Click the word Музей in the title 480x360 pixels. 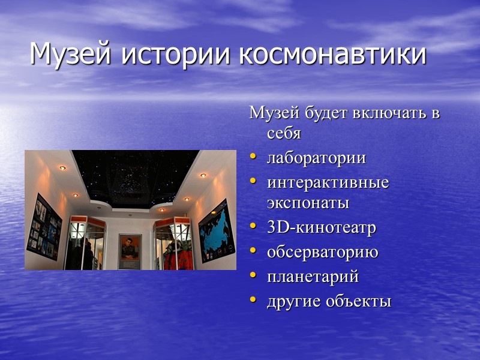point(65,55)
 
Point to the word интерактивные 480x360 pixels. point(328,182)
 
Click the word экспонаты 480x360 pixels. point(308,203)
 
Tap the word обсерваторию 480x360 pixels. point(322,252)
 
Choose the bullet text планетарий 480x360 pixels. point(313,277)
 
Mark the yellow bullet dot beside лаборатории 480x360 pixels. point(253,157)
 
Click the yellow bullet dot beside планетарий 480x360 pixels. point(253,276)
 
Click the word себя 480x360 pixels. point(284,133)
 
